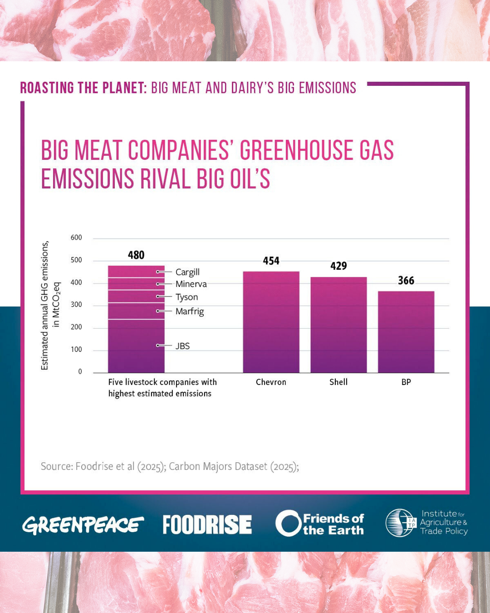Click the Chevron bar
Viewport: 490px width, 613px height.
[271, 322]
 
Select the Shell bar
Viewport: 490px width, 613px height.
[338, 325]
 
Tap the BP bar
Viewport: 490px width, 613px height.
[406, 332]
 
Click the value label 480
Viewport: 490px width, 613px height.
[136, 255]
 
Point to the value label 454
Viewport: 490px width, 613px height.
[271, 261]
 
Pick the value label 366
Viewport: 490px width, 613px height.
[406, 281]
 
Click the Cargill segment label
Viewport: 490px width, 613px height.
[187, 272]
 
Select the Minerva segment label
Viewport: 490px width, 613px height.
[191, 284]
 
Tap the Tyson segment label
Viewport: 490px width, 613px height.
[186, 297]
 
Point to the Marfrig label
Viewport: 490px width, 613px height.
[190, 311]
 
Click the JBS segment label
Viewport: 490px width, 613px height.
[182, 346]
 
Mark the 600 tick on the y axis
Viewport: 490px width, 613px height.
[76, 237]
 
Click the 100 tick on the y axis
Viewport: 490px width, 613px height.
[76, 350]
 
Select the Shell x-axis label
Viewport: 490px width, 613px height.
[338, 382]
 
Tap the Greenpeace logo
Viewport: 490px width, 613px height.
[83, 525]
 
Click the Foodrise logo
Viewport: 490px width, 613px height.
[207, 524]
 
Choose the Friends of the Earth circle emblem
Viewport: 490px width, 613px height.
[288, 524]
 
